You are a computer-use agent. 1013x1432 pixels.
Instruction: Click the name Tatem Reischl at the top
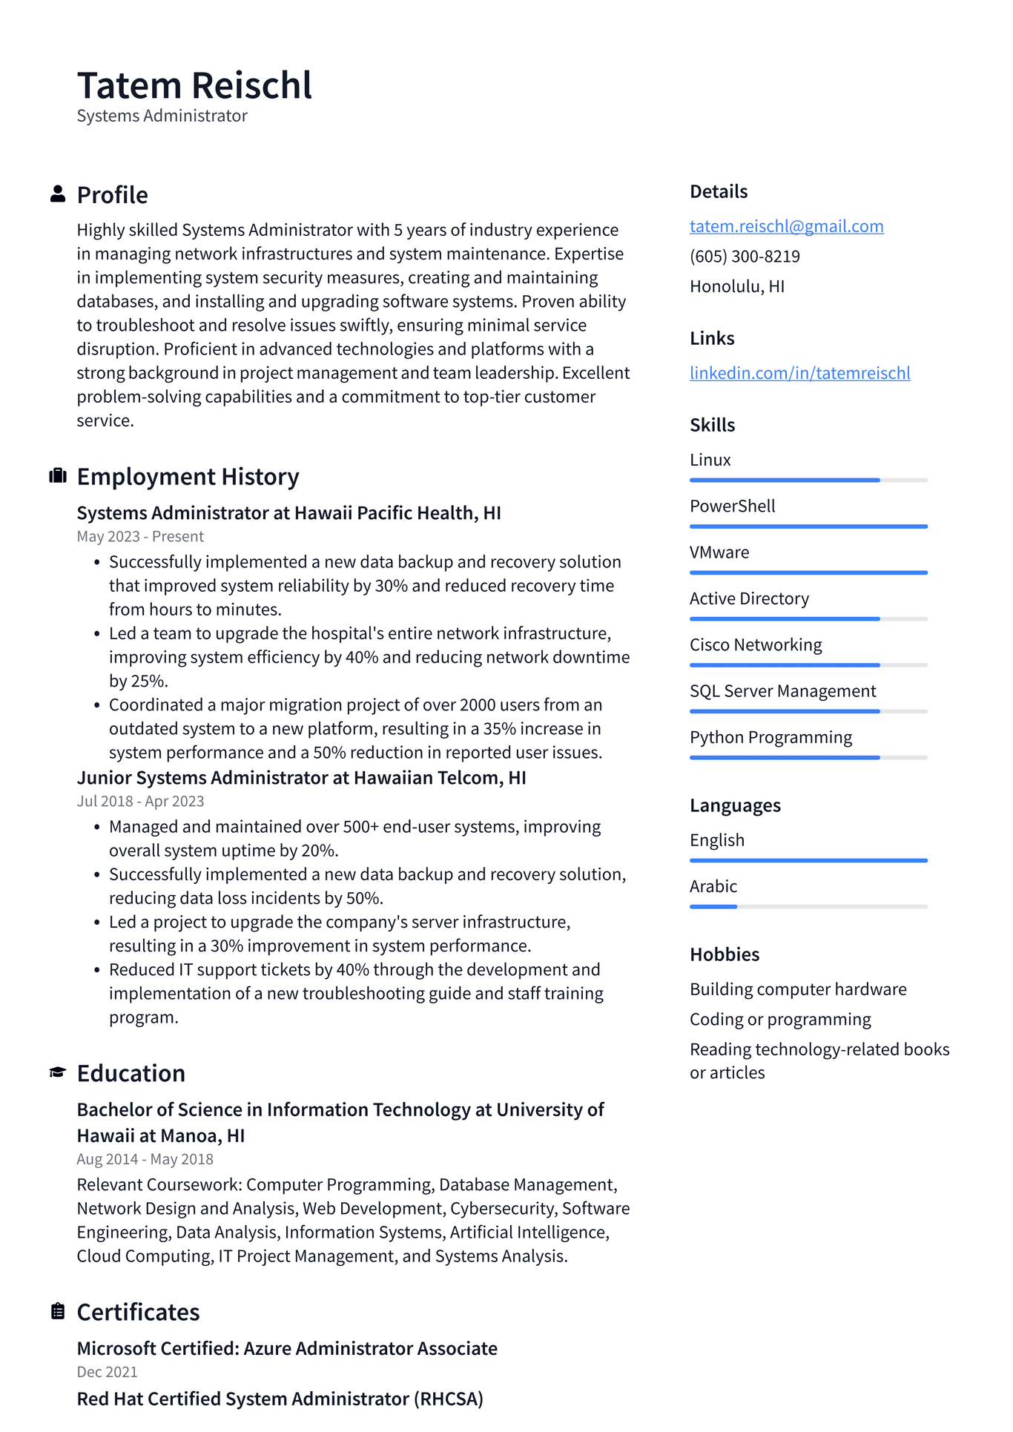pos(194,85)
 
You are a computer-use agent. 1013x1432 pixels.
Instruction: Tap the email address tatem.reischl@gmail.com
pos(786,226)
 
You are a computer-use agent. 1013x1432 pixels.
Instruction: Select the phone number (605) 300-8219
pos(745,257)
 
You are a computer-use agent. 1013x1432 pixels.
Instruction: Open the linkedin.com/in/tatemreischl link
pos(799,373)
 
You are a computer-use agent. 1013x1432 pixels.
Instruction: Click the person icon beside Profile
pos(58,194)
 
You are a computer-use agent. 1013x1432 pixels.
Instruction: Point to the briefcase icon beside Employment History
pos(58,476)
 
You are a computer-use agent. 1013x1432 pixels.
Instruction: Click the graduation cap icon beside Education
pos(58,1073)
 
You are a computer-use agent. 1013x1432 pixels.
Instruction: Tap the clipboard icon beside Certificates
pos(58,1311)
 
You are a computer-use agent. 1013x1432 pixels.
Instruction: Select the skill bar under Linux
pos(808,481)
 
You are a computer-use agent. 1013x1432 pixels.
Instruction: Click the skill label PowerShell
pos(732,507)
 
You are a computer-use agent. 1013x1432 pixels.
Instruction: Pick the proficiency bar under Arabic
pos(808,906)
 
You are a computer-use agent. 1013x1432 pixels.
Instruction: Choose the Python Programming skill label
pos(771,738)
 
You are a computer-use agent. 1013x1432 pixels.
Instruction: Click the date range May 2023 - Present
pos(140,536)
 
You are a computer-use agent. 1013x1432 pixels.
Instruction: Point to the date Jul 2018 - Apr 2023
pos(140,801)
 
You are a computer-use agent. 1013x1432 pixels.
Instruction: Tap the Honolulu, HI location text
pos(736,287)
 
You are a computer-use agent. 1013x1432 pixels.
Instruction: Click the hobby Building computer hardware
pos(798,989)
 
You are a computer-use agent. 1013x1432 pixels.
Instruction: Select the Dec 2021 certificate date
pos(108,1372)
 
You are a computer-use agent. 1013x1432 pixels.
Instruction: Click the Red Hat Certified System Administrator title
pos(280,1399)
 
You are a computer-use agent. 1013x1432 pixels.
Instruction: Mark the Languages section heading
pos(735,805)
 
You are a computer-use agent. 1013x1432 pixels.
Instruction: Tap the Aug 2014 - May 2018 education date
pos(145,1159)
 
